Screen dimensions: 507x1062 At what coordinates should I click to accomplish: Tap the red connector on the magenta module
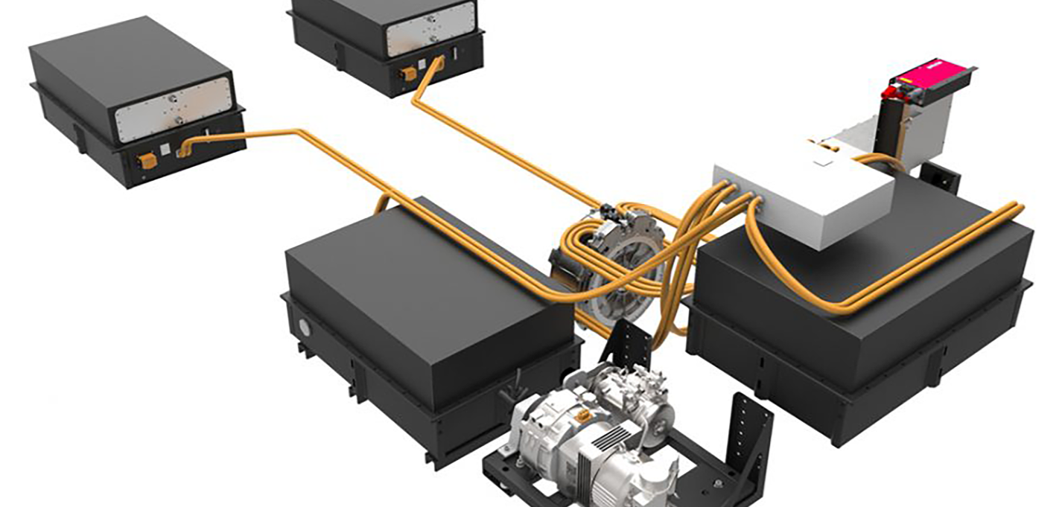(891, 93)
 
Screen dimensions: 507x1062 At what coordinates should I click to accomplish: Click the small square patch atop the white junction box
(823, 157)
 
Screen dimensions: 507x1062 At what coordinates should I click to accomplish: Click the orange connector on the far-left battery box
(149, 160)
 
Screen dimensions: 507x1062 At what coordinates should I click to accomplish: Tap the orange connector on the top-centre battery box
(409, 74)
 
